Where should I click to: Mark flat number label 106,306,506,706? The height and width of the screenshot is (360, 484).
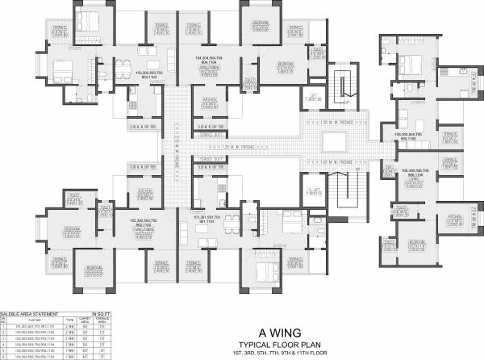pos(409,172)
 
